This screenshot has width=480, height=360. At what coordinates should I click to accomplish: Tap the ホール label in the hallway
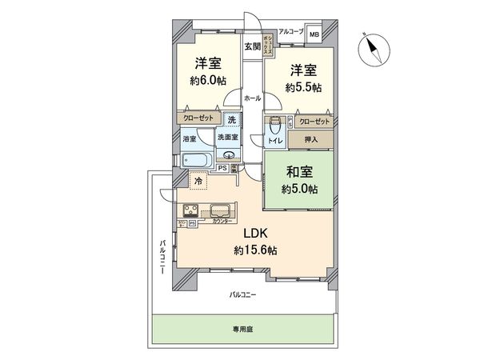click(251, 98)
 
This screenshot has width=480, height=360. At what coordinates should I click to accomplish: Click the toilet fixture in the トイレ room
click(275, 126)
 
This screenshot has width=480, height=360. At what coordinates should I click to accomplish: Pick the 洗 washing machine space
click(230, 120)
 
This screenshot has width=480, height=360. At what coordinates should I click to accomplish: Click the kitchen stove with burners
click(194, 212)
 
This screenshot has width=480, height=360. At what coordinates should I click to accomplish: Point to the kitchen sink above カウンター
click(221, 212)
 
